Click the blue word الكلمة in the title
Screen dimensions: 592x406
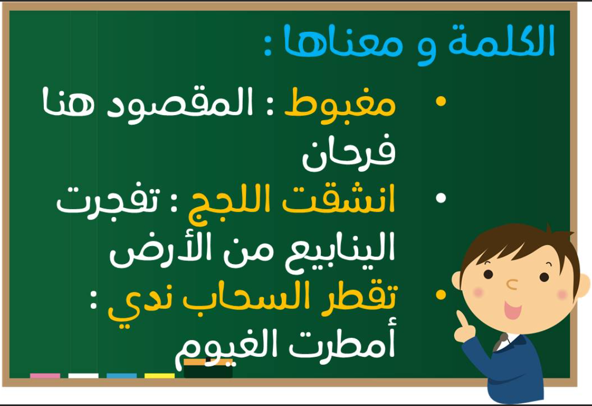click(x=501, y=41)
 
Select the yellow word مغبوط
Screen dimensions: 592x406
click(x=340, y=102)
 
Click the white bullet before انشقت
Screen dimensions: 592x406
click(x=441, y=198)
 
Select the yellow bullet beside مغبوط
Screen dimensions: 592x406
click(x=441, y=101)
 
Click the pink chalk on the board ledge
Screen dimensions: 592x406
click(x=45, y=375)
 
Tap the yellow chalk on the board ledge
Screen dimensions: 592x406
click(x=159, y=375)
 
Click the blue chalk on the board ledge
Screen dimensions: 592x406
click(x=121, y=375)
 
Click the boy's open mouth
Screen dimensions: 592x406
click(x=512, y=310)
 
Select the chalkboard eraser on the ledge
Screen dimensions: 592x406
click(x=208, y=368)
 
